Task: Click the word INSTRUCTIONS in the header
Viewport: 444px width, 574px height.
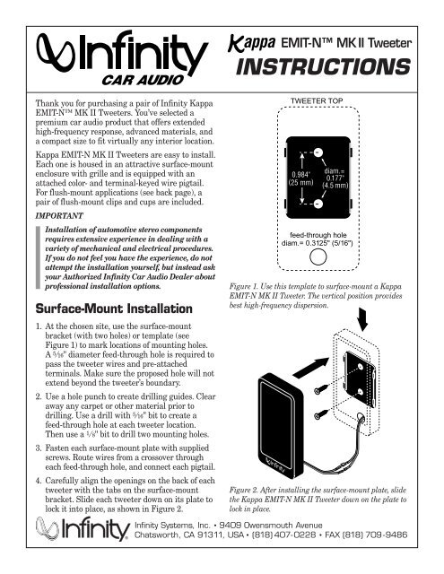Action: tap(323, 67)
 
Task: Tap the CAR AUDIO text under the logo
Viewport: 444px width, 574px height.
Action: tap(143, 80)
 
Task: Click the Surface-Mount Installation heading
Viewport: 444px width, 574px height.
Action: tap(114, 309)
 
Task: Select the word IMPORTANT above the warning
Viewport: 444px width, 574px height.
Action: tap(59, 215)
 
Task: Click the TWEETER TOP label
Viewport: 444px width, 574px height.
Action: tap(317, 100)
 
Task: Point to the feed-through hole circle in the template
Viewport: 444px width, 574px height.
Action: tap(318, 257)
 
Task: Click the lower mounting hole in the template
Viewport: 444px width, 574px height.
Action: tap(318, 204)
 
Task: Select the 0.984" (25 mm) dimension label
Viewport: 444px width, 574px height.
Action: tap(300, 178)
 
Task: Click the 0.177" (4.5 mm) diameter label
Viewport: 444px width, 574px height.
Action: tap(335, 178)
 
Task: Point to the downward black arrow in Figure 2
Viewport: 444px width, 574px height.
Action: tap(362, 319)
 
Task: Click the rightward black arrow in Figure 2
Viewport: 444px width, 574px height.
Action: tap(310, 368)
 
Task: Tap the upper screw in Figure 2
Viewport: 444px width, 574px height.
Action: tap(321, 389)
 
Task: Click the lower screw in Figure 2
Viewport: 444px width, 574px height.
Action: tap(321, 414)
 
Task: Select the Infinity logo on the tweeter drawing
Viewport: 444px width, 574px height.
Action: tap(275, 465)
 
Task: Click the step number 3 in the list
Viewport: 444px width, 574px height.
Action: tap(39, 448)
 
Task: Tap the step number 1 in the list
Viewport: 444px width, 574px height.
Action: tap(39, 326)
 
